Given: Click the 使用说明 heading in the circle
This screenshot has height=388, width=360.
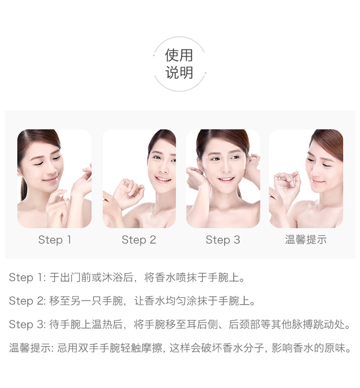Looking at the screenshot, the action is pyautogui.click(x=179, y=64).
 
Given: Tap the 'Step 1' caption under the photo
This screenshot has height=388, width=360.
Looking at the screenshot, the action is pyautogui.click(x=55, y=240).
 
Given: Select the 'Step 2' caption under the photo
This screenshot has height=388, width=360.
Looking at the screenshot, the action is pyautogui.click(x=139, y=240).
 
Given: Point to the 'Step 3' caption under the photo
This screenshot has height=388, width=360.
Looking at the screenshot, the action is pyautogui.click(x=223, y=240).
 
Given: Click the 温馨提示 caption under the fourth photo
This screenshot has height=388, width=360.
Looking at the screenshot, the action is pyautogui.click(x=306, y=240).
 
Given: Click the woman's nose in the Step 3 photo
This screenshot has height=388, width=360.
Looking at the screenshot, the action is pyautogui.click(x=225, y=168).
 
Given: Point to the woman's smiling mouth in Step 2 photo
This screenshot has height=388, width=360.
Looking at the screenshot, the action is pyautogui.click(x=163, y=178).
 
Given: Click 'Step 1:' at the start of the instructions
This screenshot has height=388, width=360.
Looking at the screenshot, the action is pyautogui.click(x=28, y=278).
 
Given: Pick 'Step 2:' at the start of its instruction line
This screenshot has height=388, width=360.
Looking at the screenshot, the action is pyautogui.click(x=28, y=301).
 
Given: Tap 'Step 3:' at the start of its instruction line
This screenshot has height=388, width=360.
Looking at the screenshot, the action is pyautogui.click(x=28, y=324).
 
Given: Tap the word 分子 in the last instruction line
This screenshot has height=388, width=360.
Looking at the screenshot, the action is pyautogui.click(x=254, y=348).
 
